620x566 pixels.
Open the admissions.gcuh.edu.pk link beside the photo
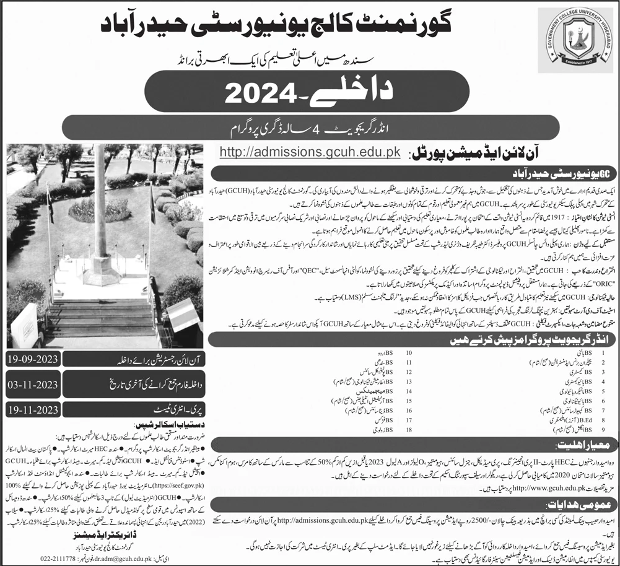(x=308, y=152)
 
